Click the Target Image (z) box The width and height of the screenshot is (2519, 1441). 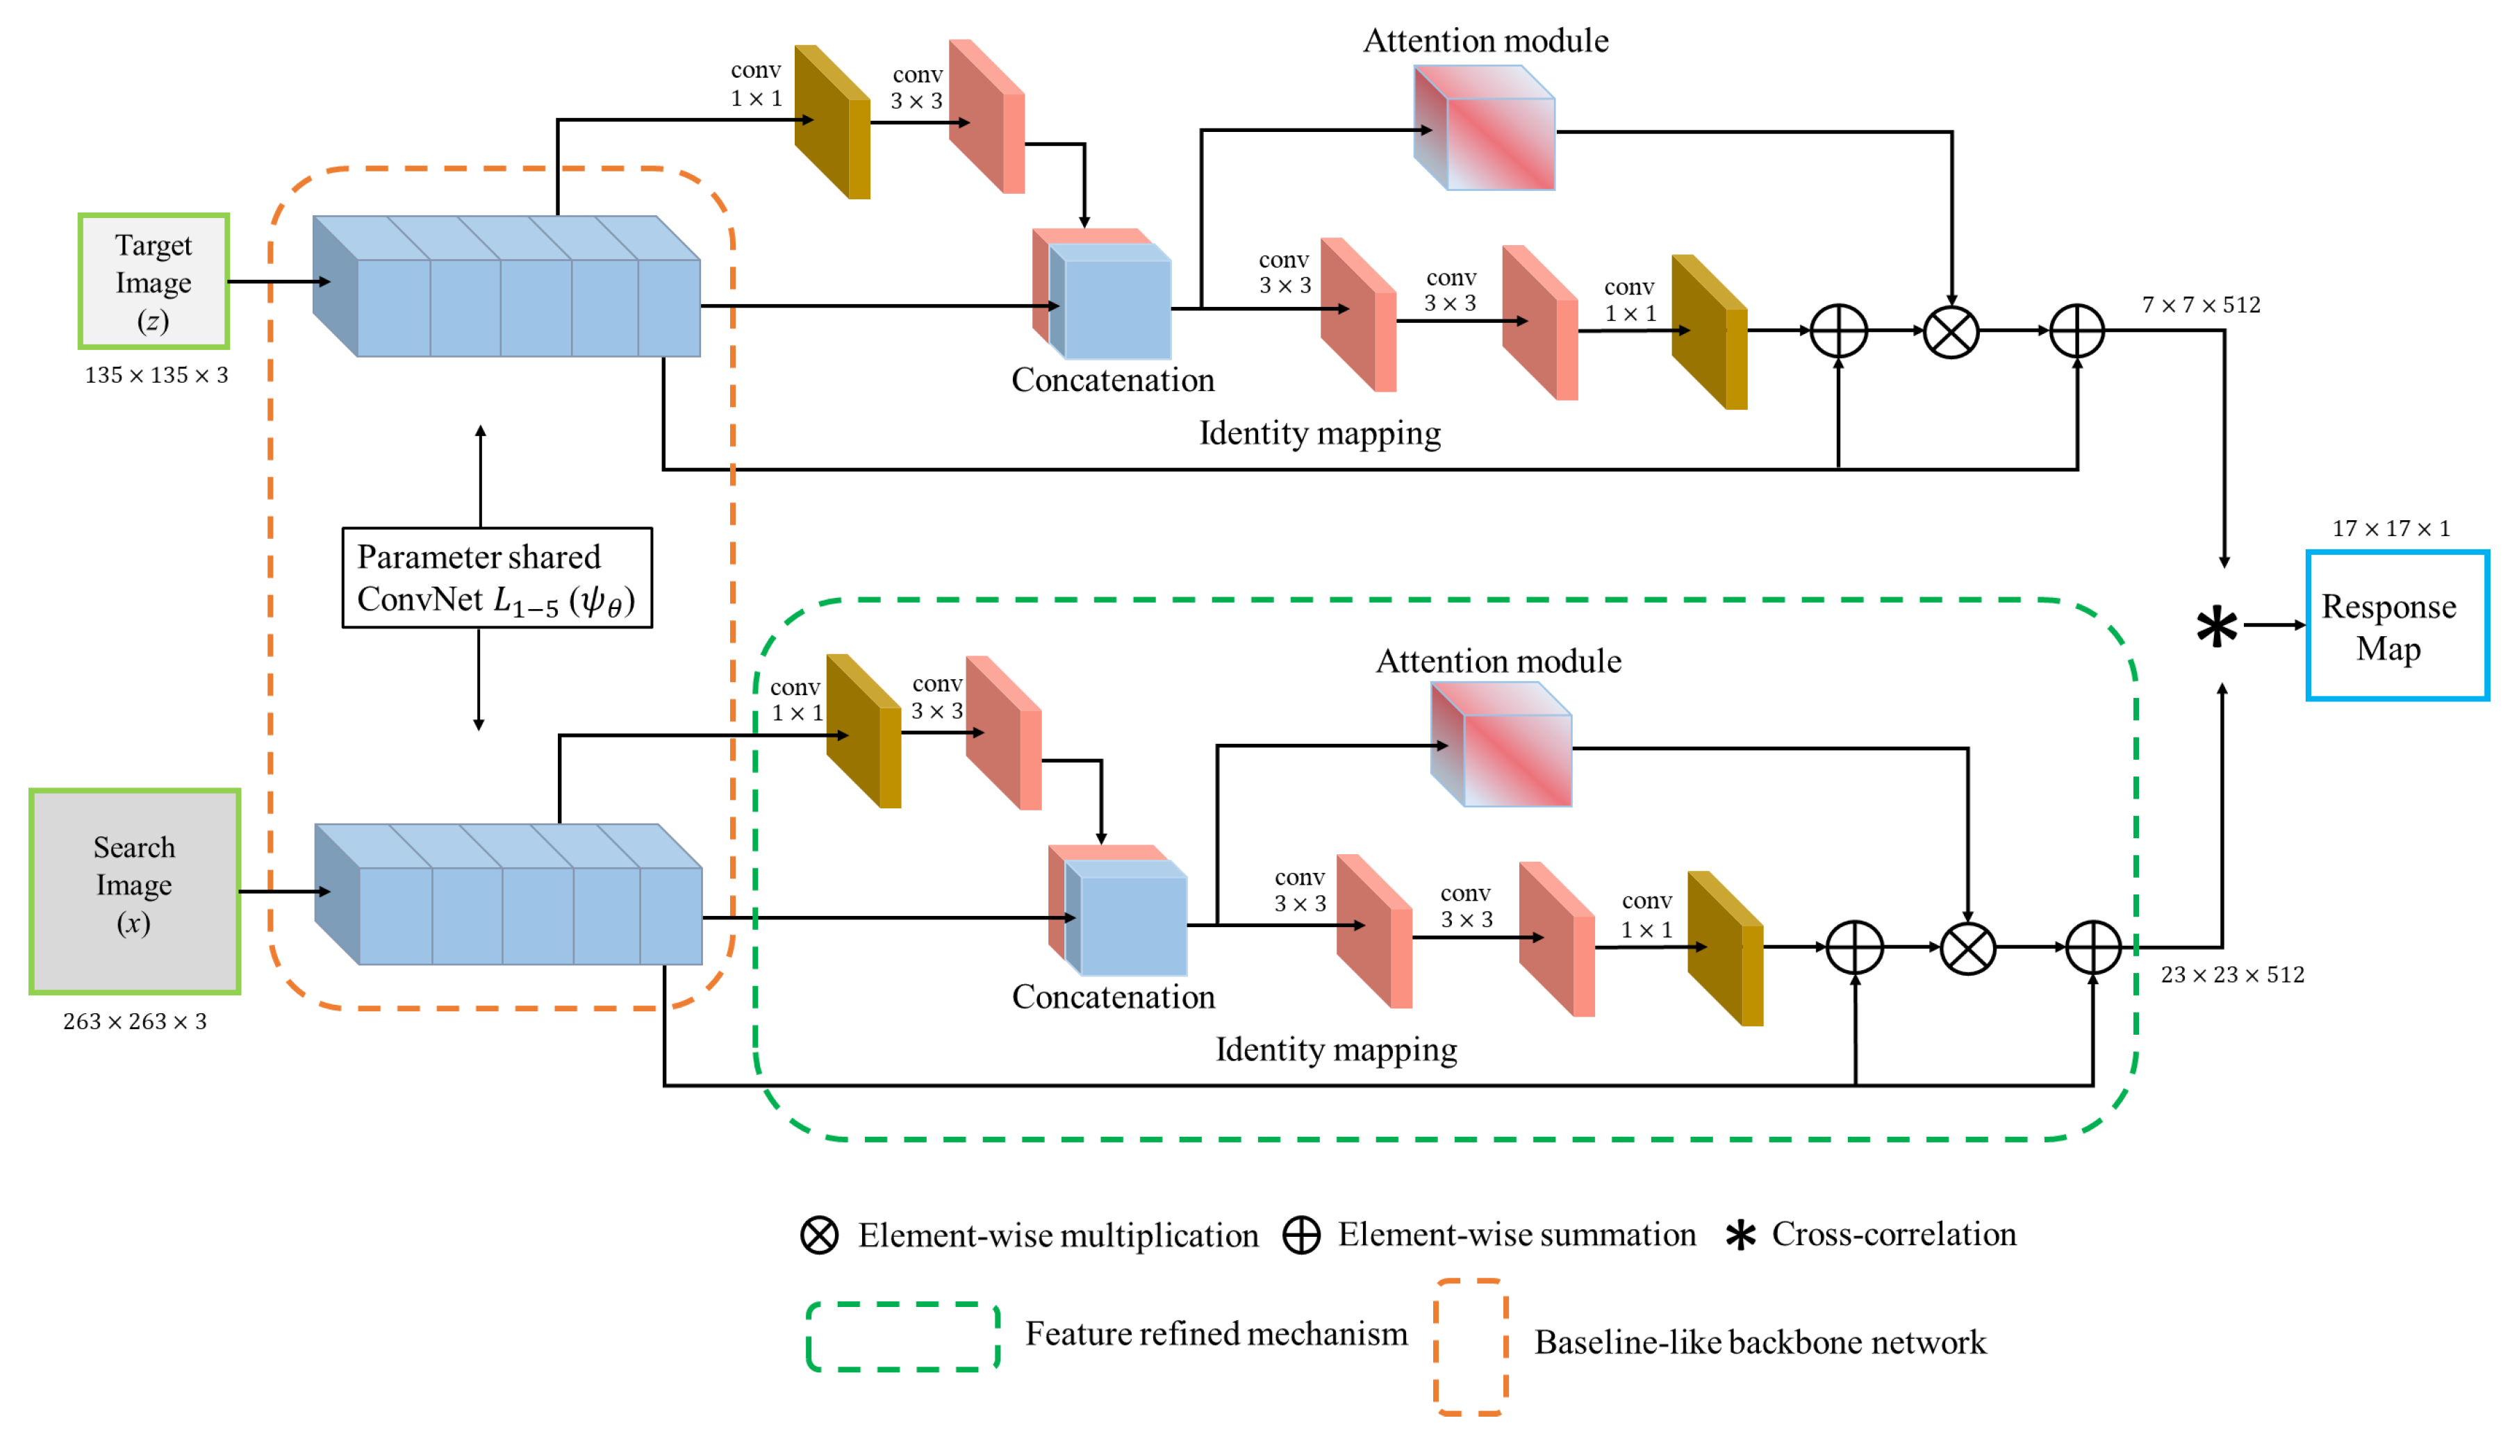[154, 281]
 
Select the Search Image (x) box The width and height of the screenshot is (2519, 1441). [135, 891]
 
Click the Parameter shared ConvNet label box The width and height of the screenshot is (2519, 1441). [497, 577]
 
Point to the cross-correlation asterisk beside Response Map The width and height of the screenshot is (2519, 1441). [2216, 626]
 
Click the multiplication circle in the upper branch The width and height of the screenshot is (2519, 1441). [1951, 331]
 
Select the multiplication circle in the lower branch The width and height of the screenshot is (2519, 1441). [1967, 948]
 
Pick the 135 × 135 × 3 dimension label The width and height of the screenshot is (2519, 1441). [156, 375]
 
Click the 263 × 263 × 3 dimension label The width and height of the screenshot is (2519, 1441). [135, 1022]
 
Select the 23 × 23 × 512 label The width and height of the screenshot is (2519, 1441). [2232, 975]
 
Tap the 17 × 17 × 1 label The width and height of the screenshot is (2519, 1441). [2390, 528]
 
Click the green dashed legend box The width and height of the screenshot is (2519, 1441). [902, 1336]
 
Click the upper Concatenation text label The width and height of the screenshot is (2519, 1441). [1112, 380]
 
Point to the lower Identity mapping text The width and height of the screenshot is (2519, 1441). [1336, 1049]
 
